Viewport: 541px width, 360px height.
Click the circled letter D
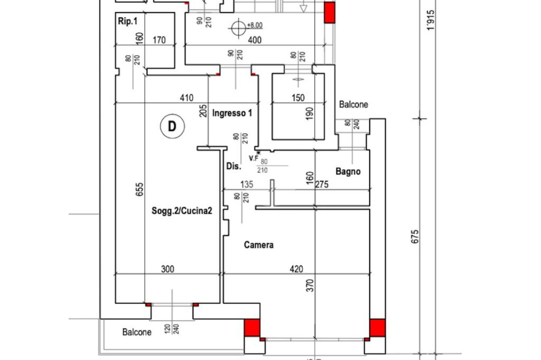(x=172, y=127)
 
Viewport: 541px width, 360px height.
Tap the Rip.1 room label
(x=127, y=22)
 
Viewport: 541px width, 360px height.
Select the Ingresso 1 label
(x=232, y=113)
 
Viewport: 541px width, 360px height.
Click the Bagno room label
(x=348, y=171)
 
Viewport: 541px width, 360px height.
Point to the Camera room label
(x=258, y=245)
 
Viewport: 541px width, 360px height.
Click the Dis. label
(x=234, y=166)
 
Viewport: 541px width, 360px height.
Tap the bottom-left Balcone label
(x=137, y=332)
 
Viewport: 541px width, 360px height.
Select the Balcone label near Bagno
(x=353, y=105)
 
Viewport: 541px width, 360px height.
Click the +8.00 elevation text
(x=254, y=25)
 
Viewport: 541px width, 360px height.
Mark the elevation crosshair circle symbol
(x=239, y=27)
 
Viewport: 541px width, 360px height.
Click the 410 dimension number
(x=186, y=98)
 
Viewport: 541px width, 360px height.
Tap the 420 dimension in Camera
(x=296, y=270)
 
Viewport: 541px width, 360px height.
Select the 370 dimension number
(x=311, y=286)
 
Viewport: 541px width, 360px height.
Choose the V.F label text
(x=254, y=158)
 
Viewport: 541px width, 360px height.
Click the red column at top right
(x=329, y=12)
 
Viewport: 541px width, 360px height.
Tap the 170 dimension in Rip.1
(x=159, y=40)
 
